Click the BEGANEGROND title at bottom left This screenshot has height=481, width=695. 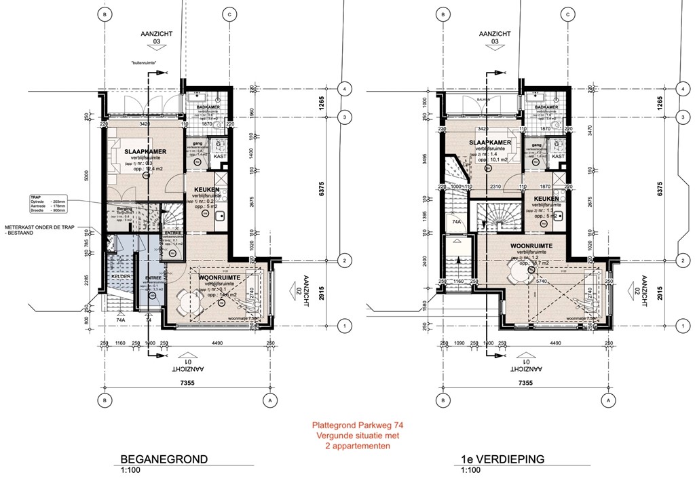tap(159, 459)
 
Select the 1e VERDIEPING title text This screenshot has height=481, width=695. tap(502, 459)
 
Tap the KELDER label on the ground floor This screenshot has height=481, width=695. tap(121, 277)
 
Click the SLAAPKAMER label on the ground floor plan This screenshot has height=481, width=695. tap(145, 142)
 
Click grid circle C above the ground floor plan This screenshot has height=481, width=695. tap(230, 14)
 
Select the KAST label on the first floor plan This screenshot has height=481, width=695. tap(558, 156)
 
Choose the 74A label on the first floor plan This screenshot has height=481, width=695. tap(457, 220)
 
